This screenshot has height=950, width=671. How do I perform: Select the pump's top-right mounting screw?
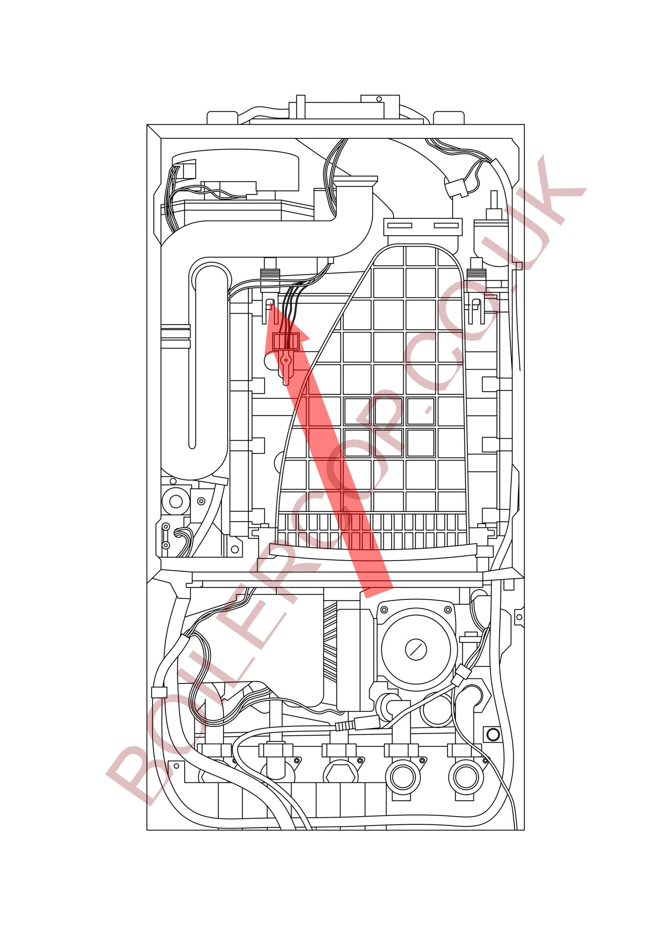[447, 609]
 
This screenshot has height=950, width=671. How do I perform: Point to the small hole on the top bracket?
[378, 99]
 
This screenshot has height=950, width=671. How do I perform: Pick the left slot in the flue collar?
[400, 225]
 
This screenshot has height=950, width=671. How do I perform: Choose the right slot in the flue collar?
[446, 225]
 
